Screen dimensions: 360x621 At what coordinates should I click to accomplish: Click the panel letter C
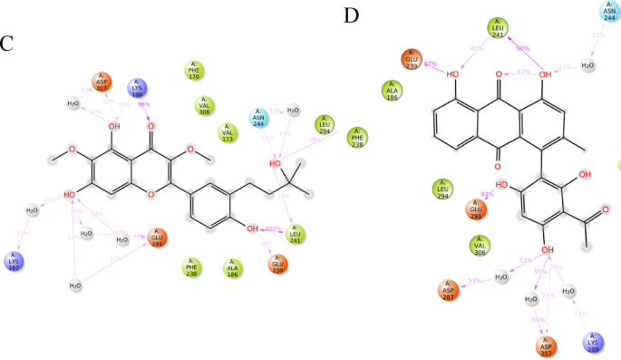tap(7, 43)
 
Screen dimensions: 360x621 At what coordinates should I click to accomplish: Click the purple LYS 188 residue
tap(137, 89)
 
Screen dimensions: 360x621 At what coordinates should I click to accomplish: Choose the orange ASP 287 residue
tap(451, 291)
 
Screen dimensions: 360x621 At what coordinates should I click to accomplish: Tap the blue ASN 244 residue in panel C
tap(261, 119)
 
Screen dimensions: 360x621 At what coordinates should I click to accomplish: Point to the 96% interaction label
tap(143, 104)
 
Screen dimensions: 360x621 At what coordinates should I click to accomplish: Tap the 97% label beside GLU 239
tap(430, 63)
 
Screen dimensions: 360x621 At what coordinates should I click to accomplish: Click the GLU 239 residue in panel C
tap(277, 265)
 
